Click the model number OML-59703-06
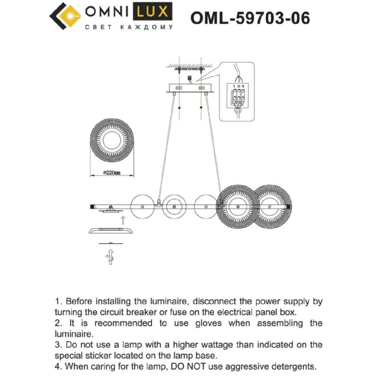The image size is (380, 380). coord(250,18)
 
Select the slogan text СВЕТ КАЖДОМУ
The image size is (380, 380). coord(129,27)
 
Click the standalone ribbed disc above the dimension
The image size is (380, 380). coord(111,141)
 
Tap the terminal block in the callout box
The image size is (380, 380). coord(239,95)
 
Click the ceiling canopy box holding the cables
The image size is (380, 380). coord(189,88)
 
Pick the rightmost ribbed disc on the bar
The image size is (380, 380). coord(272,206)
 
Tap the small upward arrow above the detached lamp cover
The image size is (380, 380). coord(123,220)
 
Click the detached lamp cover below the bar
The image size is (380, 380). coord(109,230)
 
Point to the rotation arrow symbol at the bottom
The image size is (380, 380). coord(110,256)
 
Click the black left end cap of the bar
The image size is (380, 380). coord(92,206)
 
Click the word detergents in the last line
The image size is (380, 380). coord(291,367)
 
